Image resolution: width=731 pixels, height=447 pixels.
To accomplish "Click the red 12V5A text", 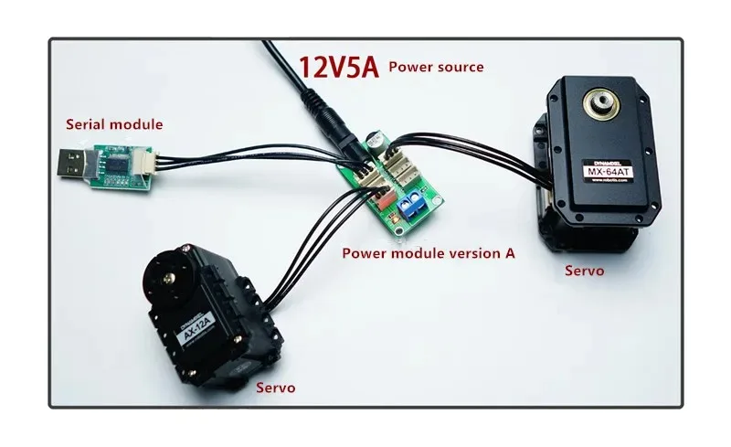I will coord(338,68).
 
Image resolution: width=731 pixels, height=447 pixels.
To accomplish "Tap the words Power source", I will coord(436,67).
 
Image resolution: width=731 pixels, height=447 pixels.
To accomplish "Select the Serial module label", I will coord(113,123).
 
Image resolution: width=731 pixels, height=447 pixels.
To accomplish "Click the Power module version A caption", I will coord(428,253).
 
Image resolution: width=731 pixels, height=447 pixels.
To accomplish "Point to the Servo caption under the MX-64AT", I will coord(584,271).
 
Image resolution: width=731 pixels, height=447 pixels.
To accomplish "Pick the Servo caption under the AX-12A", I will coord(275,388).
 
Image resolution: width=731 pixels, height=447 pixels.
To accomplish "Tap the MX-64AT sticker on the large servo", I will coord(608,170).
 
